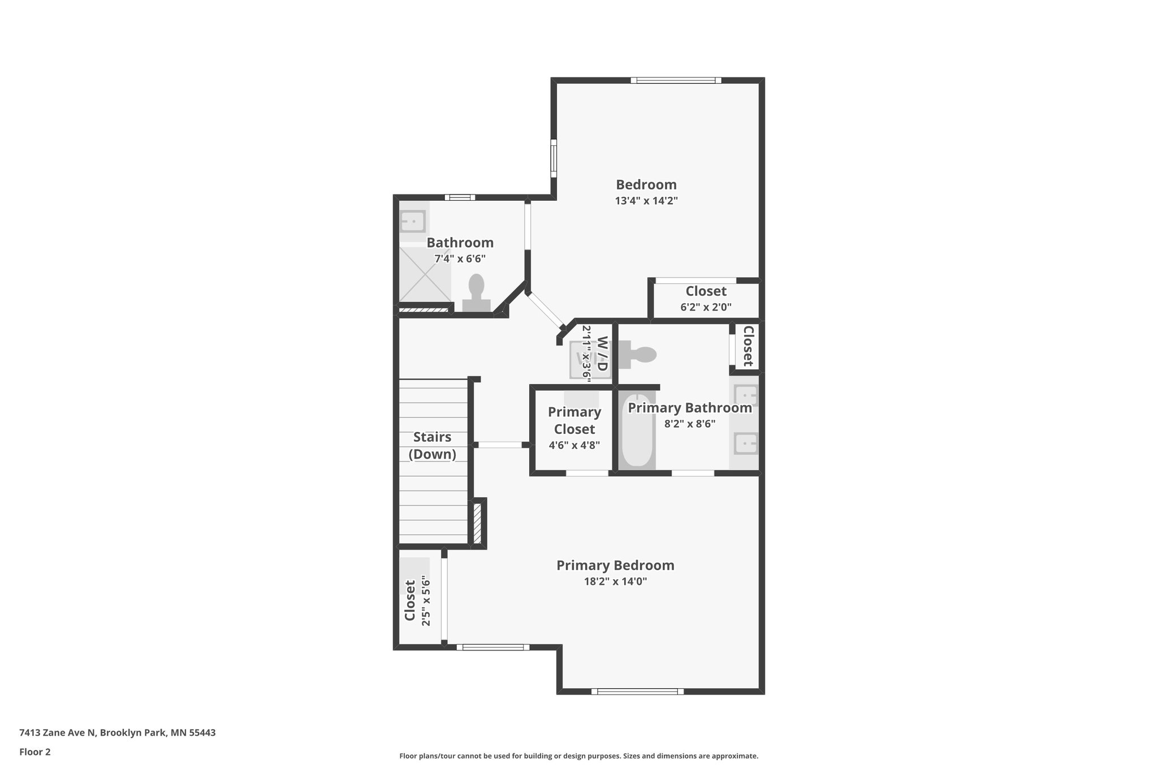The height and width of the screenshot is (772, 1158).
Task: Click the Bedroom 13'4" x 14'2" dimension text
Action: click(646, 201)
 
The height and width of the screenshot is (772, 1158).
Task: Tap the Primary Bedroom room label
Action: click(615, 565)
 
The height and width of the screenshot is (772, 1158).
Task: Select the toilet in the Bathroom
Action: click(477, 294)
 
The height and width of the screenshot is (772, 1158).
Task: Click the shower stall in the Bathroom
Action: click(425, 274)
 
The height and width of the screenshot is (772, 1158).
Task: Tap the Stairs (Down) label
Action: click(433, 446)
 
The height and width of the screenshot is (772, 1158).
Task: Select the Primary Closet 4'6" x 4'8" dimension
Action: click(574, 445)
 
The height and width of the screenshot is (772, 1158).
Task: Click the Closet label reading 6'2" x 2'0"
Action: click(706, 307)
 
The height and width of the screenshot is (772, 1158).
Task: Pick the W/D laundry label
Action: click(602, 353)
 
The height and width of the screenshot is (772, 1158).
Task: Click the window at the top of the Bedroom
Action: click(676, 80)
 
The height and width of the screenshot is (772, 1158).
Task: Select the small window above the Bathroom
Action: click(459, 197)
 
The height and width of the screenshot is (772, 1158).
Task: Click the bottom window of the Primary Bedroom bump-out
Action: click(637, 691)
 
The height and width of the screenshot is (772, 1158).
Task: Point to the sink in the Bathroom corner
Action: click(413, 221)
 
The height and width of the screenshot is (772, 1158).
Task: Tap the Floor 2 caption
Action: click(35, 752)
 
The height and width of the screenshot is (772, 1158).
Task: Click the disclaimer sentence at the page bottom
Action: click(578, 756)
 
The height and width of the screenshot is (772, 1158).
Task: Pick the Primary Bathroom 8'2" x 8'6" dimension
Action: click(689, 424)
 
